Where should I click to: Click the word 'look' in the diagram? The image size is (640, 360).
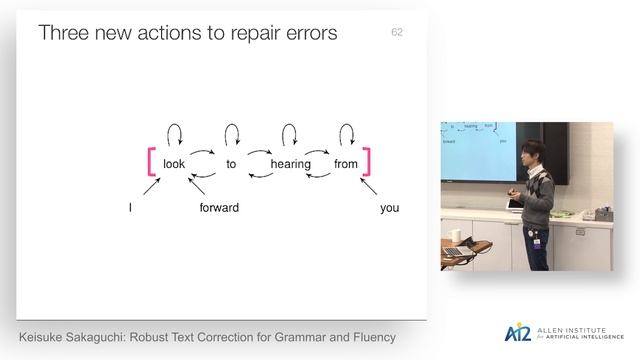coord(174,164)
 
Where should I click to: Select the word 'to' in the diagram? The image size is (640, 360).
coord(231,164)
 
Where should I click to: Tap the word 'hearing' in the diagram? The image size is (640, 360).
coord(290,164)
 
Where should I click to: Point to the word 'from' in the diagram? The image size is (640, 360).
coord(346,164)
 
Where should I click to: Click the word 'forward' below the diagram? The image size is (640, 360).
coord(219,208)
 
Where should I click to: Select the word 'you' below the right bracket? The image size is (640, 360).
coord(389,208)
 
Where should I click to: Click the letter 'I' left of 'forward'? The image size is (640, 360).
coord(130,208)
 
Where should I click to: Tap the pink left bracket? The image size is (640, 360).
coord(151,163)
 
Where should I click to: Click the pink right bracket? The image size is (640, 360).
coord(368,163)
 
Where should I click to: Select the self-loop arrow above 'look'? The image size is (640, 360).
coord(174,133)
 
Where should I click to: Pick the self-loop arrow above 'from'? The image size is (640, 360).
coord(346,133)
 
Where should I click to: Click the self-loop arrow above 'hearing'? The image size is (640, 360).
coord(290,133)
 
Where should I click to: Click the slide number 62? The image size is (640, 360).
coord(397,33)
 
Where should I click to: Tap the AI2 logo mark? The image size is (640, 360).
coord(518,333)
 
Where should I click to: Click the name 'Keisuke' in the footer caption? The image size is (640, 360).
coord(50,336)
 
